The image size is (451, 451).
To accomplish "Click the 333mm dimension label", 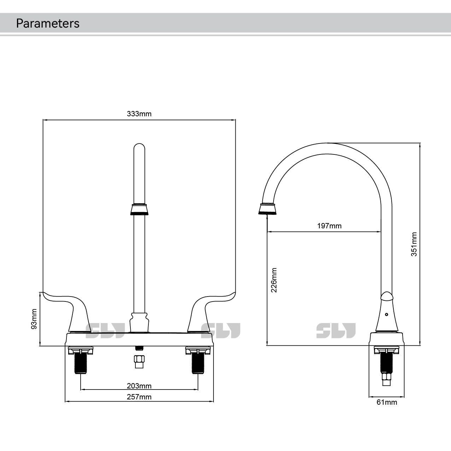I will [x=139, y=114].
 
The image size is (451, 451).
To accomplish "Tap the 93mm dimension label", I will [x=34, y=319].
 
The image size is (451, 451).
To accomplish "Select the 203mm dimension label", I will [x=139, y=386].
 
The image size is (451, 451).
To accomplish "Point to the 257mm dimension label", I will [x=139, y=397].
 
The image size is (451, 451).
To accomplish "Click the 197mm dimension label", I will [x=329, y=226].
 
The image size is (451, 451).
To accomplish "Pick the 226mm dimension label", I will [x=274, y=280].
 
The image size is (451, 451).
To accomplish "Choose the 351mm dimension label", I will [x=414, y=244].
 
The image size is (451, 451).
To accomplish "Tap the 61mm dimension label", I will [x=387, y=402].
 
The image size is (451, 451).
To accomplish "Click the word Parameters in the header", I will [x=48, y=23].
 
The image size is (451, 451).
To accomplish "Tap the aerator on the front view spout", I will [x=139, y=210].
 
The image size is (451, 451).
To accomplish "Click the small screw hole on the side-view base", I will [x=386, y=314].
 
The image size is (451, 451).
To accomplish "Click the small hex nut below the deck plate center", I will [x=139, y=362].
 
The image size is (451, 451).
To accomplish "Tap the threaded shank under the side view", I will [x=386, y=364].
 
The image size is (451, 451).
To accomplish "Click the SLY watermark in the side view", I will [x=336, y=330].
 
